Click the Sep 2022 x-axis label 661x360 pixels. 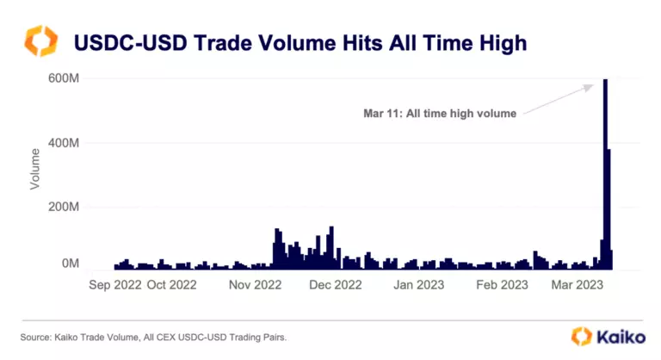click(x=115, y=284)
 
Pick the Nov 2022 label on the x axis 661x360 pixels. click(x=256, y=284)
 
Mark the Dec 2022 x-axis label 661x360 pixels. click(x=337, y=284)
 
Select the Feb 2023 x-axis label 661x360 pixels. click(x=502, y=284)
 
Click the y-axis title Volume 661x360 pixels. click(x=35, y=169)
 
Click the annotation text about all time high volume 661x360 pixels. click(x=439, y=112)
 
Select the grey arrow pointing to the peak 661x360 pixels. click(x=558, y=98)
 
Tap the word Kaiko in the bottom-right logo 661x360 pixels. click(x=618, y=337)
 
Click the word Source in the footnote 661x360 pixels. click(x=38, y=338)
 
